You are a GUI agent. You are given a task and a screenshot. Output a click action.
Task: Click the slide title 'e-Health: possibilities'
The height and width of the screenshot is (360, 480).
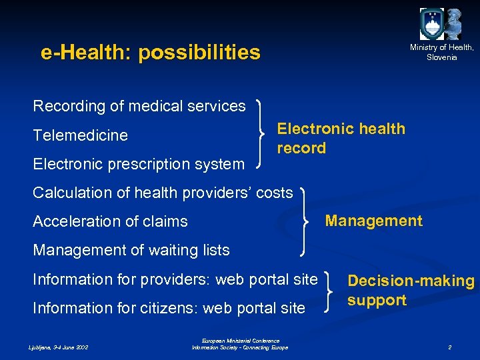150,52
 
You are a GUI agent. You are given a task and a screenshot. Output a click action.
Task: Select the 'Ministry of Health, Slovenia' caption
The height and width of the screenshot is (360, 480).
442,52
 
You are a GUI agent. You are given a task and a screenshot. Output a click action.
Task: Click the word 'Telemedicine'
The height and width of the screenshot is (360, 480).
80,135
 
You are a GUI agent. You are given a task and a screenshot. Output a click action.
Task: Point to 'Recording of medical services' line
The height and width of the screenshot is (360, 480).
139,106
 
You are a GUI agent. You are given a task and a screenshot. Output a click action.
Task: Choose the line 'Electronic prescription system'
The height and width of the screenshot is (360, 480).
139,163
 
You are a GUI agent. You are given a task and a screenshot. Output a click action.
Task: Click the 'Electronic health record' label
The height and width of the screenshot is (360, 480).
341,138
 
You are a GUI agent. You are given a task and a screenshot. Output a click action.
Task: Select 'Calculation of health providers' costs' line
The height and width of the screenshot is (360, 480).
163,193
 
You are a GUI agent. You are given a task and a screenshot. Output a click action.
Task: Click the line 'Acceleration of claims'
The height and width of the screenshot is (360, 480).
110,221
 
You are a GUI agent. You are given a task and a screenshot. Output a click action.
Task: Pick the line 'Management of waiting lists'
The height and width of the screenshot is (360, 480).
131,250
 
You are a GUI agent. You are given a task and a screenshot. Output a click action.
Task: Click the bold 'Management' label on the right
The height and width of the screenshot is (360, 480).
373,221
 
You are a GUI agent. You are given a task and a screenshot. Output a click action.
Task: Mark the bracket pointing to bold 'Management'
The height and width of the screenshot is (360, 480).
307,221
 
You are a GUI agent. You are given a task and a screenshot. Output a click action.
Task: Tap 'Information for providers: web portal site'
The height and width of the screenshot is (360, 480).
175,279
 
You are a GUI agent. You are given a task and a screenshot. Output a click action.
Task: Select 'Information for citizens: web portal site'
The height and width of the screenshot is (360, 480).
169,308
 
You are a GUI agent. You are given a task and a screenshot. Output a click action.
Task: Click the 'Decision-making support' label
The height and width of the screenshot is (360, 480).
410,290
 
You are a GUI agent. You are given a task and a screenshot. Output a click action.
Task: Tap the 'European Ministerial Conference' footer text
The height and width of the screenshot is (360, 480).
240,341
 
